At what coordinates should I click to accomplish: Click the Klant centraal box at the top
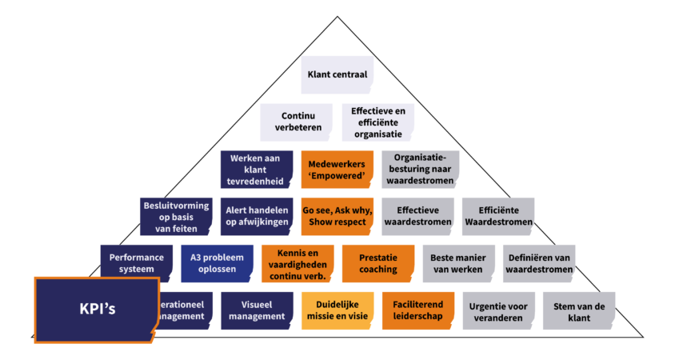pos(337,76)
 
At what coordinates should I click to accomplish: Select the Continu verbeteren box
pos(296,122)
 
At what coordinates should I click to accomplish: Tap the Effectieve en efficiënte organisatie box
pos(377,122)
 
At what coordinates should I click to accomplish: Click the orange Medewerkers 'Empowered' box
pos(337,170)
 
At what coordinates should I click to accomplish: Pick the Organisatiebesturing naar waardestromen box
pos(420,170)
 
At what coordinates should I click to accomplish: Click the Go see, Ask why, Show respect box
pos(337,217)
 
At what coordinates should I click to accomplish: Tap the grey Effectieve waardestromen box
pos(420,217)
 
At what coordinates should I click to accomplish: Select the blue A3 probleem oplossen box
pos(217,263)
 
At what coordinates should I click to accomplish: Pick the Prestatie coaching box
pos(378,263)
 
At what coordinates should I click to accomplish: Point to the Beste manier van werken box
pos(459,263)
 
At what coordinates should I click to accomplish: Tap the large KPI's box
pos(95,308)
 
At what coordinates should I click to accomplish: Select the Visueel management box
pos(256,310)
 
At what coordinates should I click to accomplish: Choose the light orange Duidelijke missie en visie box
pos(337,310)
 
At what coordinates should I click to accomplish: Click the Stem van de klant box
pos(579,310)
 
